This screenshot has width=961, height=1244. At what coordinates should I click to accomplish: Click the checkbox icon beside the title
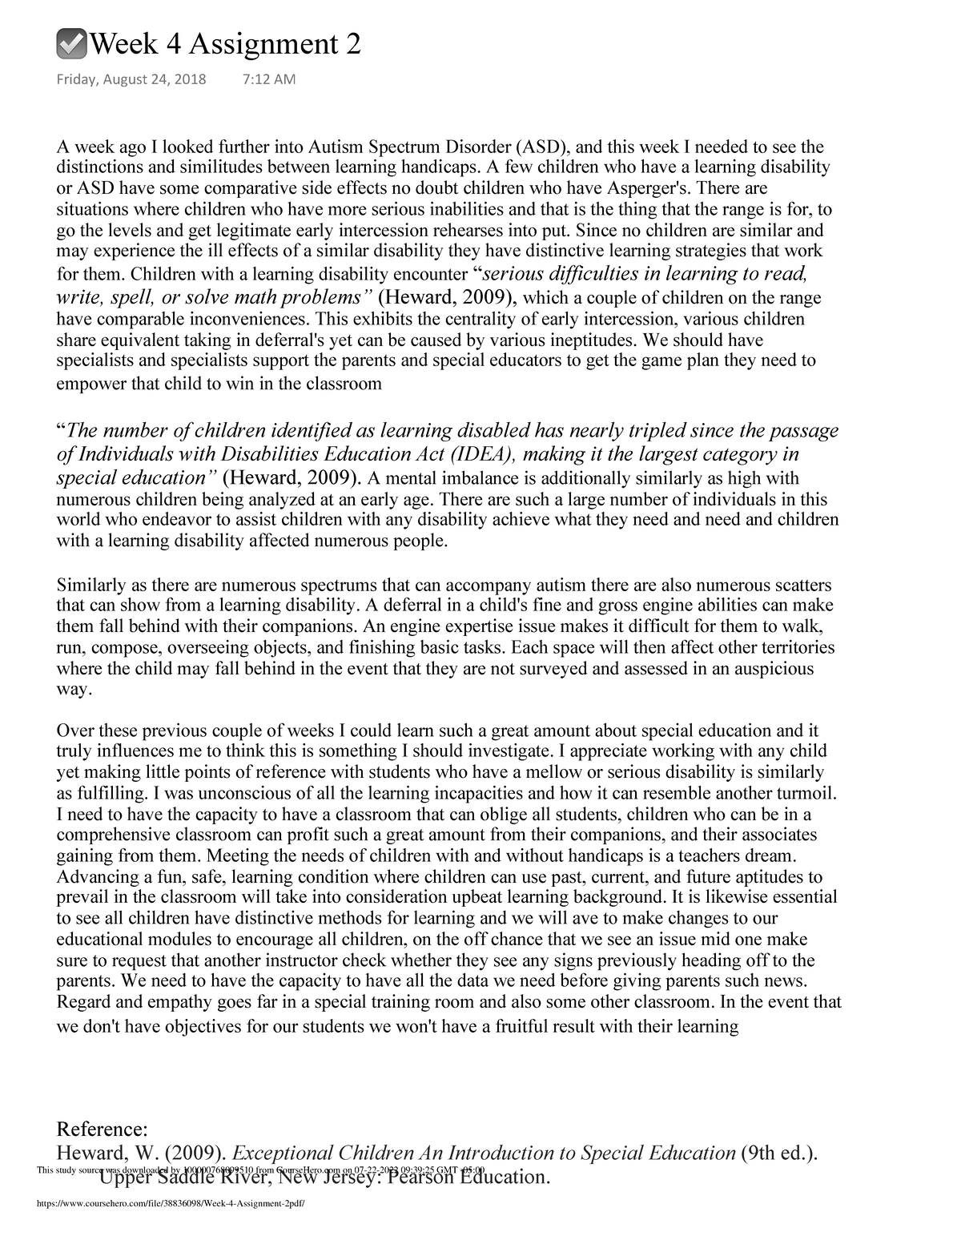coord(73,44)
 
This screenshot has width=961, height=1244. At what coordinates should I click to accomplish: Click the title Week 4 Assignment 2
coord(225,45)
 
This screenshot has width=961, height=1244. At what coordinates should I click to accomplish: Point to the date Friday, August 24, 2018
coord(131,79)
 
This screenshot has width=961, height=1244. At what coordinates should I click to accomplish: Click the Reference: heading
coord(103,1129)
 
